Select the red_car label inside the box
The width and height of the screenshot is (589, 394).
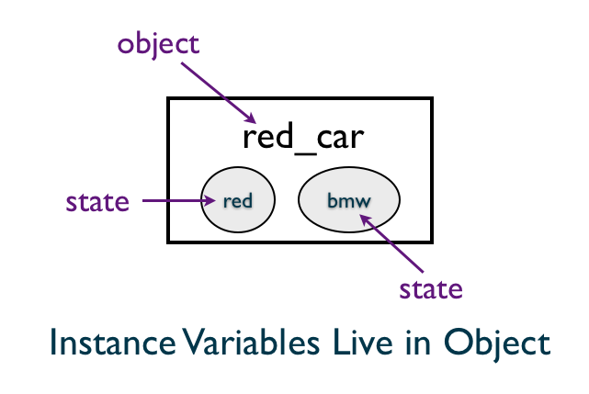point(303,138)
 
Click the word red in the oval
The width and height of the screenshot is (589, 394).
point(238,201)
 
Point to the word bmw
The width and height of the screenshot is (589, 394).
point(349,201)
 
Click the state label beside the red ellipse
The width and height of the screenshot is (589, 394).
point(97,202)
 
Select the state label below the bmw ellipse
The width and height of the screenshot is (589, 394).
point(431,289)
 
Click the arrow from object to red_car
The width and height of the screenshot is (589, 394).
point(219,93)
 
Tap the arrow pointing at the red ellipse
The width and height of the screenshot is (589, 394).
point(179,200)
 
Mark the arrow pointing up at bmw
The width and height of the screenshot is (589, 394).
point(391,243)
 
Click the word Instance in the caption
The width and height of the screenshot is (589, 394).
point(113,343)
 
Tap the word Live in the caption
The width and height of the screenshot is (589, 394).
point(362,342)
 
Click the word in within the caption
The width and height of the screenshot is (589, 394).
point(418,343)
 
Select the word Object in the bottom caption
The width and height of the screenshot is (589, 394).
point(497,344)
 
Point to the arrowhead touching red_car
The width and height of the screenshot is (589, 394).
point(250,118)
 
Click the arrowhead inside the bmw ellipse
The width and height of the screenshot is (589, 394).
point(366,220)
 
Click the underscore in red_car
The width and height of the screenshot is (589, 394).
point(305,153)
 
